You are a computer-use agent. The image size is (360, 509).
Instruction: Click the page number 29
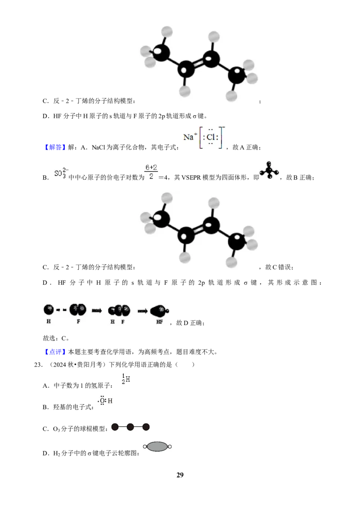[180, 475]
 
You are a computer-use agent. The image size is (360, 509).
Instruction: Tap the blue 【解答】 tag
[54, 147]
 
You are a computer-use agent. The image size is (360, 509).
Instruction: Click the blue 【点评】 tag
[54, 352]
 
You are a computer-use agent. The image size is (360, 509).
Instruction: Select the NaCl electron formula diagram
[204, 137]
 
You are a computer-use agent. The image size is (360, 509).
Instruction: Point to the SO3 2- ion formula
[61, 173]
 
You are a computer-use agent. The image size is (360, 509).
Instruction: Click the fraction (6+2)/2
[151, 172]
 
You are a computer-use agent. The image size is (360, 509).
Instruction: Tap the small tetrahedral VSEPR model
[269, 170]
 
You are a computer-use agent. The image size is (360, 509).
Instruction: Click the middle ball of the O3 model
[130, 427]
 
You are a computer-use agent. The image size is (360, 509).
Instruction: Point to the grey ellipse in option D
[157, 446]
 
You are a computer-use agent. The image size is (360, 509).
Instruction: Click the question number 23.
[38, 365]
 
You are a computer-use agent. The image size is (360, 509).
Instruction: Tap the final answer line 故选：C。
[56, 338]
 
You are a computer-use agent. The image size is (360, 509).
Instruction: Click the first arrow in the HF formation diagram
[97, 311]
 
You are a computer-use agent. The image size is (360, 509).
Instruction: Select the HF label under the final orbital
[160, 321]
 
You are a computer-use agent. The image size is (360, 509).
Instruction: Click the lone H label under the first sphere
[49, 321]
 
